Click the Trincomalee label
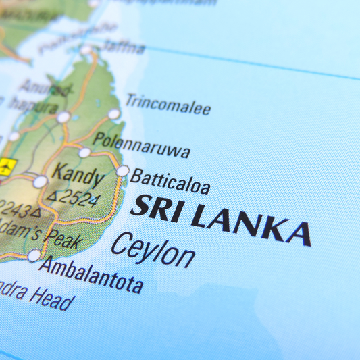168,104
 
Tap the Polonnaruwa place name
141,144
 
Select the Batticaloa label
170,181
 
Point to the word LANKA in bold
251,224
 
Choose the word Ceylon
153,249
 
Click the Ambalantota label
91,274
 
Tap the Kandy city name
78,175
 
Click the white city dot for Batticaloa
122,171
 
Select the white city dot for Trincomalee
114,113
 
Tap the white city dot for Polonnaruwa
84,152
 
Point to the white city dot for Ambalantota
34,255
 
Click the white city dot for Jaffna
86,49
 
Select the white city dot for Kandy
41,181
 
